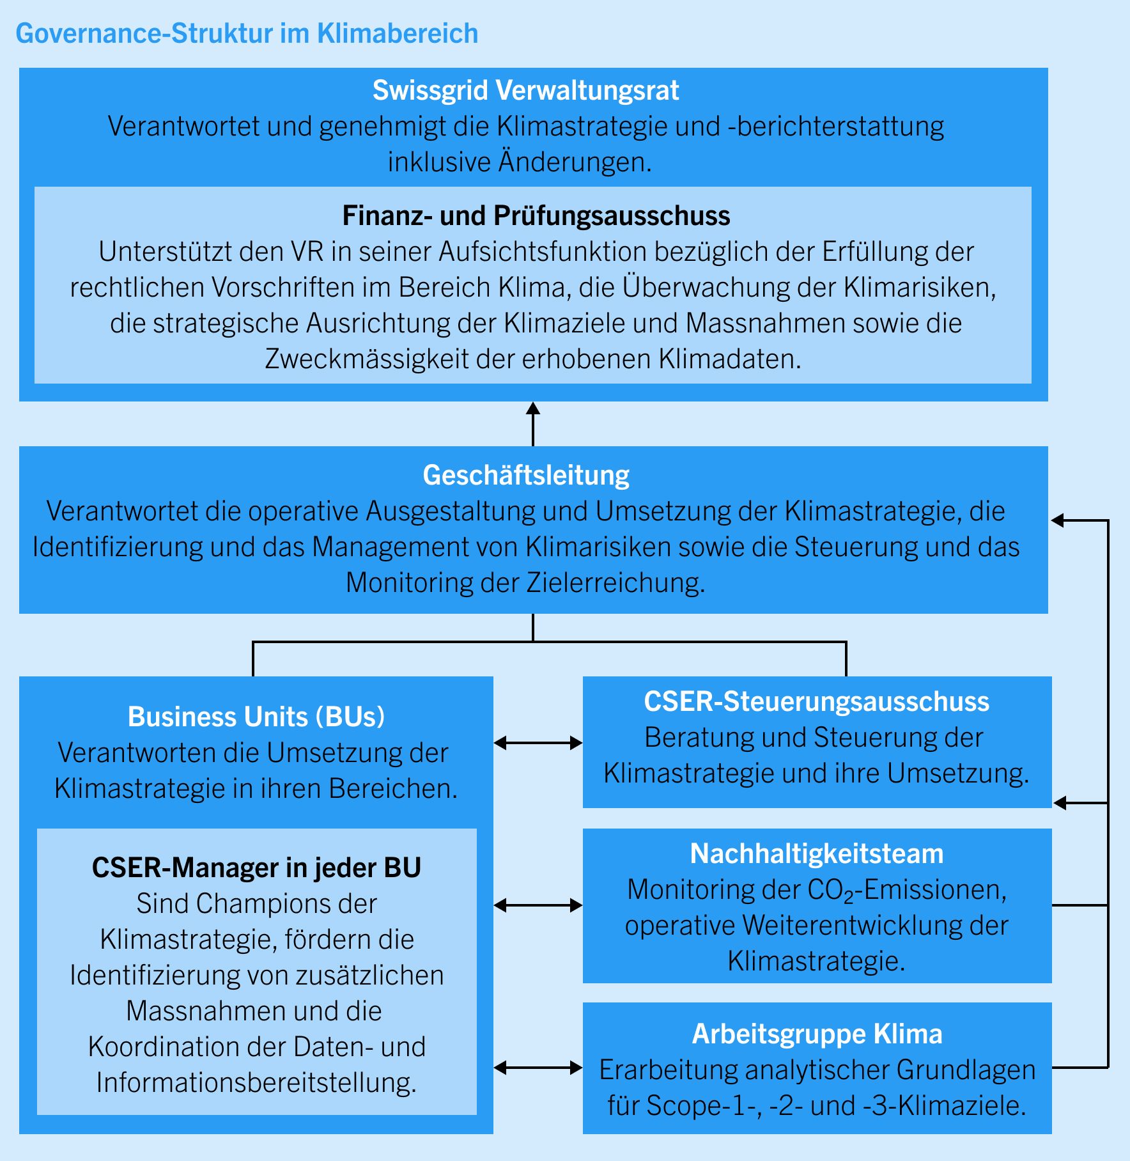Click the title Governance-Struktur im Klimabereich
click(x=247, y=34)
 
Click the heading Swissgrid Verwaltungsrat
click(x=525, y=91)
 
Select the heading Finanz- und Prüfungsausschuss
click(x=536, y=216)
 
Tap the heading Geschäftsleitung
click(x=526, y=476)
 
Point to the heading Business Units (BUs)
click(x=256, y=717)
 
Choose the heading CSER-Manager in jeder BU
click(x=256, y=868)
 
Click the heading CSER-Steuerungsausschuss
click(x=816, y=702)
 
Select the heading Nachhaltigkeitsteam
click(x=816, y=854)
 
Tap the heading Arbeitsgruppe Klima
click(x=817, y=1034)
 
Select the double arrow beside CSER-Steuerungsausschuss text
click(x=538, y=743)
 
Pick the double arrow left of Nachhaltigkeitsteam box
click(x=538, y=905)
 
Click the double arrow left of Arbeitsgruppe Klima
click(x=538, y=1068)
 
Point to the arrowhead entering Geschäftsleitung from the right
click(x=1058, y=520)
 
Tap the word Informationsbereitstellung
click(x=256, y=1083)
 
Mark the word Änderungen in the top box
click(x=575, y=162)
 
